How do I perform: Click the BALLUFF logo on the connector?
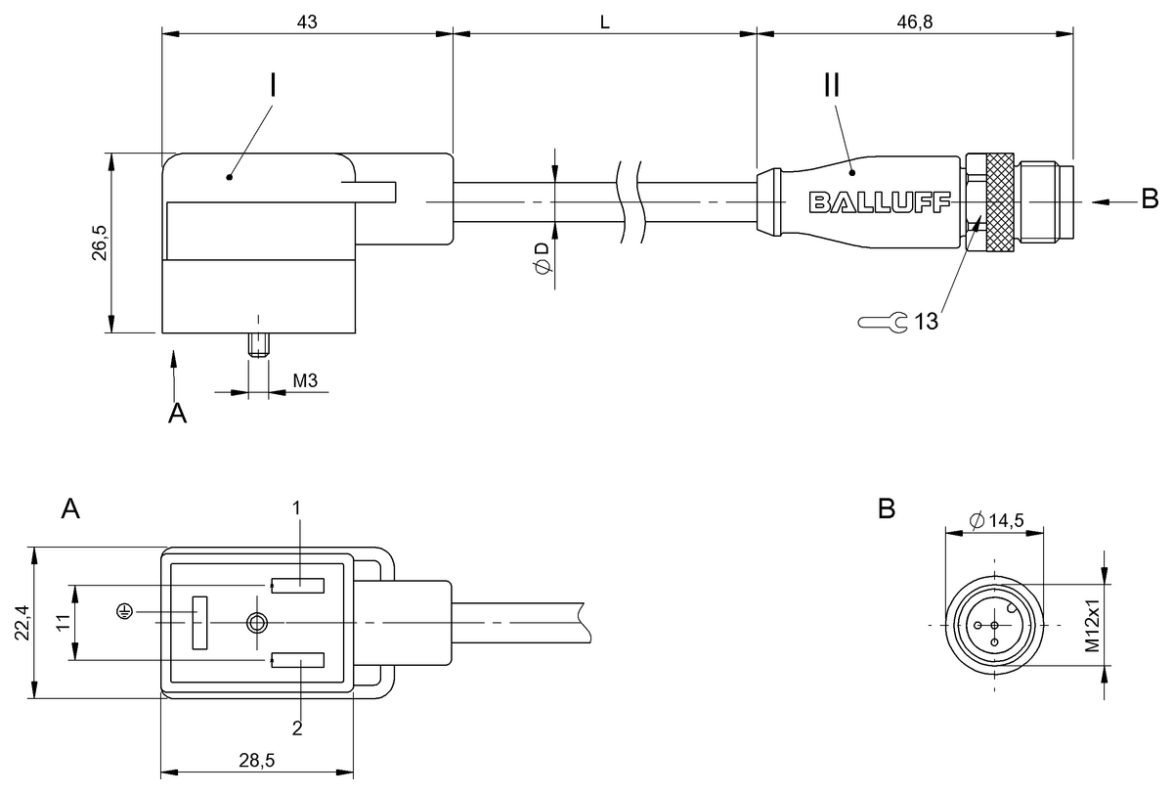click(879, 202)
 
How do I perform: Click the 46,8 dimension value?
click(915, 22)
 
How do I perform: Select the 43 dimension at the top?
click(307, 22)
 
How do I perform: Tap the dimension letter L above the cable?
click(605, 22)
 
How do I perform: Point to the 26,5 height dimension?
click(99, 243)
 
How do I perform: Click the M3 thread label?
click(305, 380)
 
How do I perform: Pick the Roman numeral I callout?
click(273, 85)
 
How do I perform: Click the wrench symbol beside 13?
click(883, 322)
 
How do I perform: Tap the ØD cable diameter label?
click(543, 258)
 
